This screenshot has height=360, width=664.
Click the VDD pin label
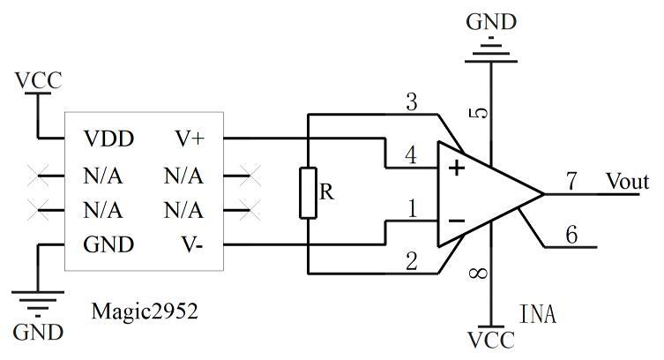pos(108,139)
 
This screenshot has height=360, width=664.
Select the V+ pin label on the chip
pos(190,139)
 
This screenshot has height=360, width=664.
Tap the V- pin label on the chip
pos(192,244)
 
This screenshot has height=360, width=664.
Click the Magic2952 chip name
pos(145,311)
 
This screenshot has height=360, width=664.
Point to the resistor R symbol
pos(309,193)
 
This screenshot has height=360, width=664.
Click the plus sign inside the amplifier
pos(457,169)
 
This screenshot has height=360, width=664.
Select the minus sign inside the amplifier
pos(457,221)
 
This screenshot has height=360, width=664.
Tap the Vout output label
pos(627,181)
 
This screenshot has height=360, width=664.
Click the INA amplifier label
pos(537,314)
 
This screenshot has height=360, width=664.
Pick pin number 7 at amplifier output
pos(571,181)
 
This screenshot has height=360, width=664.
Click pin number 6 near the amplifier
pos(571,234)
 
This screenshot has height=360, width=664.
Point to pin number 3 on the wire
pos(411,102)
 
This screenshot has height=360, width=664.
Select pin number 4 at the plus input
pos(411,155)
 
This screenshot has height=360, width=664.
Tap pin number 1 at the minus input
pos(412,208)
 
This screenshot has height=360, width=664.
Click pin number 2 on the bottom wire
pos(412,261)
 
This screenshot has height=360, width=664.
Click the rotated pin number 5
pos(479,113)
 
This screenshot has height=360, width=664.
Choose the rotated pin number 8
pos(479,274)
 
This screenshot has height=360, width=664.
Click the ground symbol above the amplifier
pos(491,50)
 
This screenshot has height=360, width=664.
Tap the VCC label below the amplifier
pos(491,340)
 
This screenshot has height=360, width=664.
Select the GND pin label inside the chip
pos(108,244)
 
